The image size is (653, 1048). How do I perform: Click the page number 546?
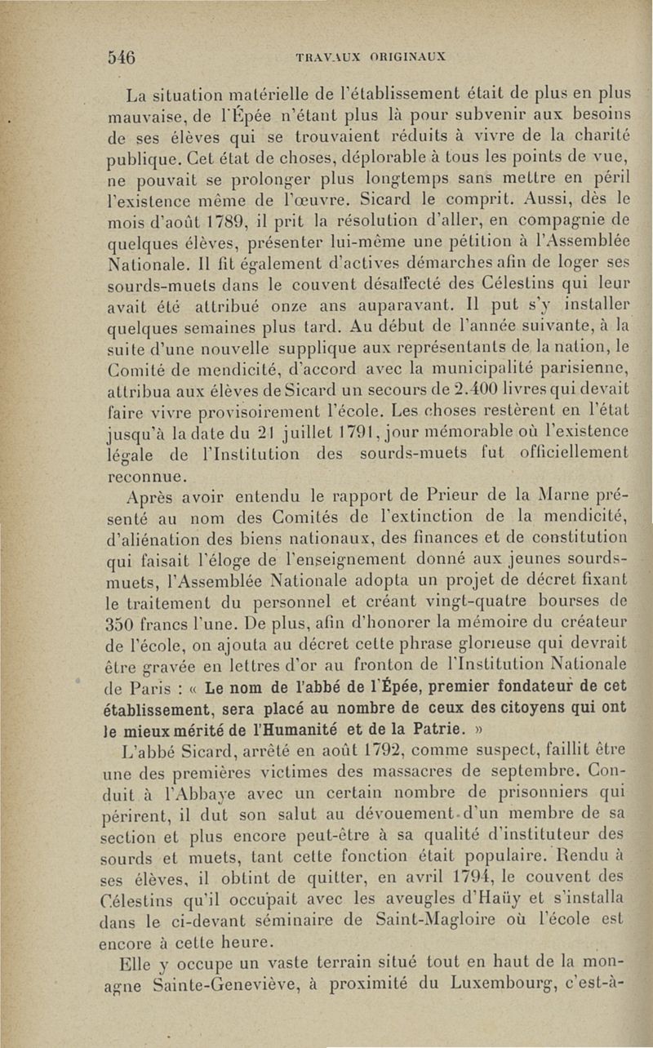tap(122, 57)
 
